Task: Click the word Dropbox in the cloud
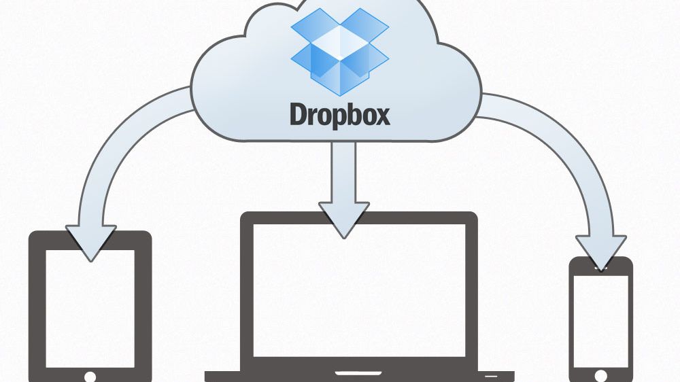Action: click(x=340, y=114)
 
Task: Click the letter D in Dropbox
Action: click(x=299, y=114)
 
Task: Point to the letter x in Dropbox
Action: click(x=382, y=116)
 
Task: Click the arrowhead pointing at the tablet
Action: click(x=90, y=242)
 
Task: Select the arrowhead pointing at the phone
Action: click(x=600, y=251)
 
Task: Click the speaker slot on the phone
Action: click(x=600, y=268)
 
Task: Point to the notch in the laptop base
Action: click(x=359, y=372)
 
